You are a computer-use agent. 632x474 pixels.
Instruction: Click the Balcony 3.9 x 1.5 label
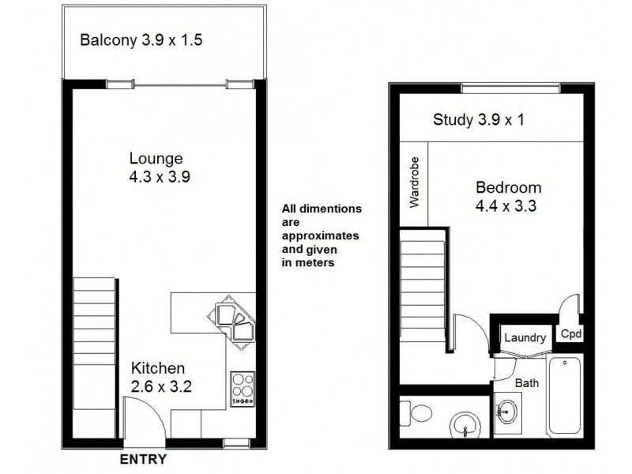point(142,39)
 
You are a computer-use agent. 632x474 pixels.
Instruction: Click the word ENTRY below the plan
point(143,459)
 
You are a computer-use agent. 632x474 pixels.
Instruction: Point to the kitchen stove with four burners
point(242,389)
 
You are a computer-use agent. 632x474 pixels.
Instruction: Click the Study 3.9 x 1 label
point(479,120)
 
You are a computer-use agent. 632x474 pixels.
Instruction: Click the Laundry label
point(525,338)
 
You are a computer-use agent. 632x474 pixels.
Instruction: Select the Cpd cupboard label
point(571,334)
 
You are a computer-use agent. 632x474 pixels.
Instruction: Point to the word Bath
point(527,384)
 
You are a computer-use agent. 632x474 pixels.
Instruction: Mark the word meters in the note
point(316,263)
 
